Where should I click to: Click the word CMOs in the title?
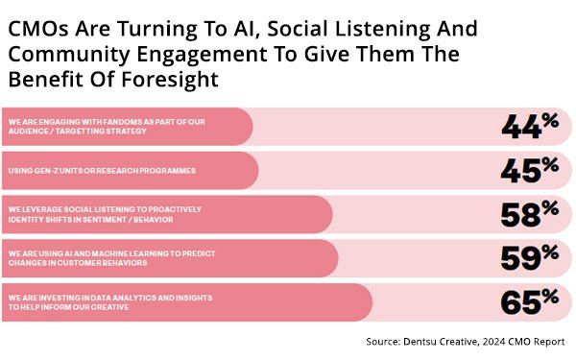pos(40,30)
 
